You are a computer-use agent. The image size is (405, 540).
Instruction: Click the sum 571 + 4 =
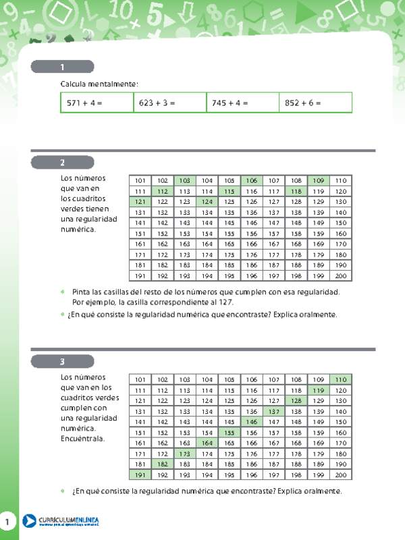coord(85,103)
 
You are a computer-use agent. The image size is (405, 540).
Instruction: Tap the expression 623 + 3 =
coord(157,103)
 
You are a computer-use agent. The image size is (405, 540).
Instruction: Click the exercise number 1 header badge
coord(62,67)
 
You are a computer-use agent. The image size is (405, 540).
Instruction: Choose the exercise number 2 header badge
coord(62,163)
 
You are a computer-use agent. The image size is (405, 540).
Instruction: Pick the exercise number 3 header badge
coord(62,362)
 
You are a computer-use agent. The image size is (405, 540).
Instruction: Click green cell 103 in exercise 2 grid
coord(185,180)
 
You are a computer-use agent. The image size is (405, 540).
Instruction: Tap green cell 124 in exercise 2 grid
coord(207,202)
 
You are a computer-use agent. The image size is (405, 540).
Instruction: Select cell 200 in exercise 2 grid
coord(341,275)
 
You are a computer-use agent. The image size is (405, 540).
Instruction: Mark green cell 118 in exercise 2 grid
coord(296,191)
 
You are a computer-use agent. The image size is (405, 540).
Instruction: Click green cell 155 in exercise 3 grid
coord(230,433)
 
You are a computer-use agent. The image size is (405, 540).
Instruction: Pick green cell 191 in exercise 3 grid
coord(140,475)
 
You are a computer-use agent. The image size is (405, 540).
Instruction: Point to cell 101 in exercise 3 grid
coord(140,379)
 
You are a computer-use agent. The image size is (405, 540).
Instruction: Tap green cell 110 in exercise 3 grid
coord(341,379)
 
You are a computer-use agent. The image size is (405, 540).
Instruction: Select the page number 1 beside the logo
coord(7,522)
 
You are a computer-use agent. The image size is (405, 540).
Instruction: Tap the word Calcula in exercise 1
coord(74,83)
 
